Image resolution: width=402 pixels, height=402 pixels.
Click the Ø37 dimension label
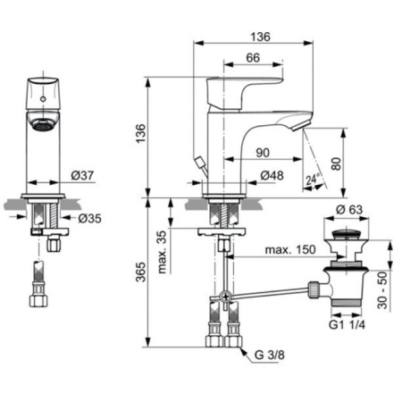click(x=82, y=175)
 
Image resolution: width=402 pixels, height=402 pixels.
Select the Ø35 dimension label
click(x=89, y=219)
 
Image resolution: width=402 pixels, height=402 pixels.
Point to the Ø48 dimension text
click(x=272, y=175)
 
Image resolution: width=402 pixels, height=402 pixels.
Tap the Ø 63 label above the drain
click(x=349, y=210)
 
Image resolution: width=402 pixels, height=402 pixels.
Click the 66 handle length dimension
click(x=253, y=57)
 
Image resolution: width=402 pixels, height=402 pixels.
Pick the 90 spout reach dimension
click(x=263, y=153)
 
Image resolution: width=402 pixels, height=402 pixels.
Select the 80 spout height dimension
click(x=336, y=163)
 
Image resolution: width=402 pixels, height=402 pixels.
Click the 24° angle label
click(x=313, y=180)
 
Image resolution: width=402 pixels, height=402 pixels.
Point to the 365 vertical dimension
click(x=140, y=272)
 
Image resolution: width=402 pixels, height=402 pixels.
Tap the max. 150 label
click(x=290, y=249)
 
